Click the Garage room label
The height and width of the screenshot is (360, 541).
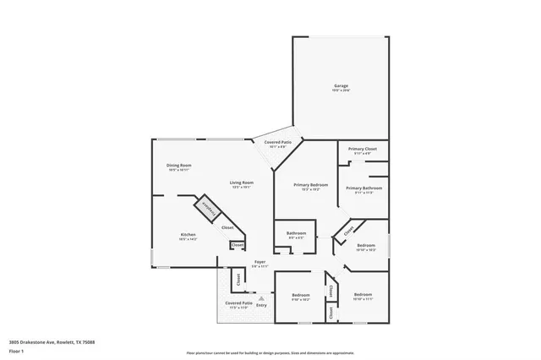pos(341,87)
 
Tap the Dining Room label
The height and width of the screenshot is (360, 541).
pos(178,166)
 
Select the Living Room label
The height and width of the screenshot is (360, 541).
pos(242,184)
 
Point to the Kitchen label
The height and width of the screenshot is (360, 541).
pos(188,236)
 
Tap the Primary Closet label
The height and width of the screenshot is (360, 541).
pos(363,150)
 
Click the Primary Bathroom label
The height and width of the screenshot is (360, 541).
pos(363,189)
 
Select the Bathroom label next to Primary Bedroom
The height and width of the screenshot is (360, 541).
pos(296,234)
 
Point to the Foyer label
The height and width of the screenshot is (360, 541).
pos(260,264)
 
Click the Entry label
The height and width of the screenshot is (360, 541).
pos(261,304)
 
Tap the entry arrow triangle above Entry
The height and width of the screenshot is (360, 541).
pos(261,297)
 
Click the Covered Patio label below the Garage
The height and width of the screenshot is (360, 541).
pos(278,145)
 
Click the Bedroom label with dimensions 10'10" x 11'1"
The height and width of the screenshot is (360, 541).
pos(363,297)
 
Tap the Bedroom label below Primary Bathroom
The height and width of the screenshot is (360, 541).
pos(366,247)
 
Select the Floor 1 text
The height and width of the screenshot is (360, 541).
pos(17,352)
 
